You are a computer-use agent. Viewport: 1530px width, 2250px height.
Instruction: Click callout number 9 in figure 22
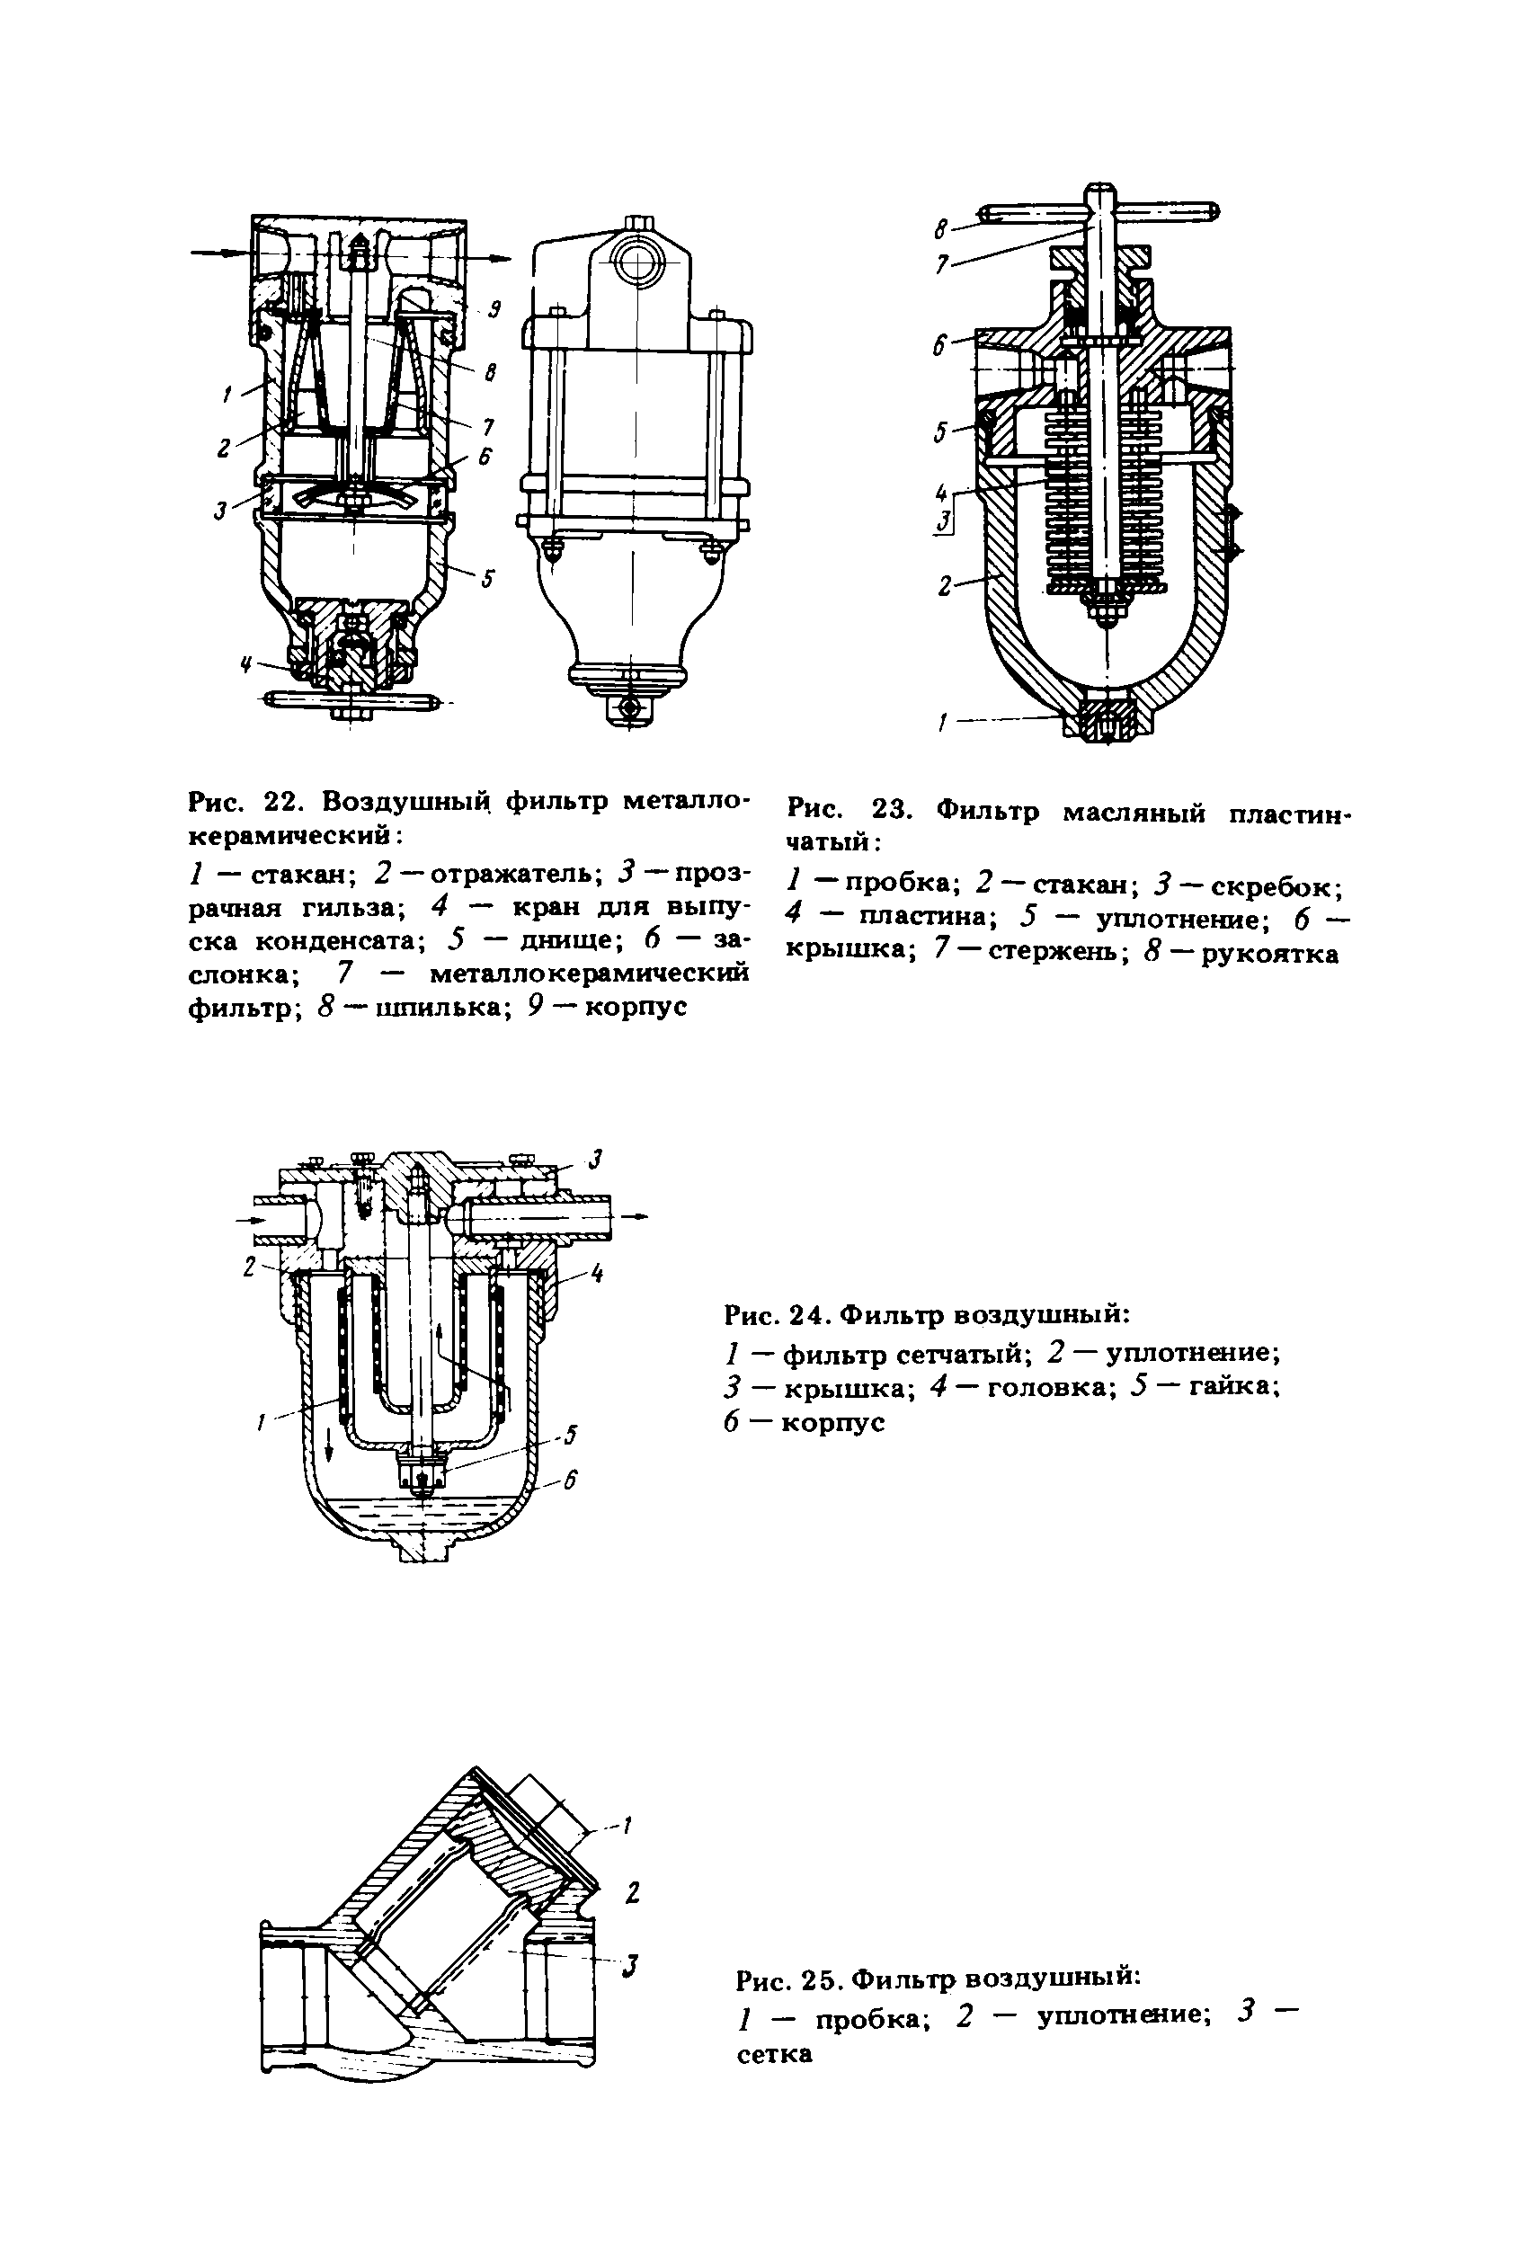pos(493,310)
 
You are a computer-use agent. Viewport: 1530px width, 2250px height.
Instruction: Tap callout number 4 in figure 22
pos(246,664)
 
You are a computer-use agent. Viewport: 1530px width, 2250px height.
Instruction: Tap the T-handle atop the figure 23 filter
pos(1099,212)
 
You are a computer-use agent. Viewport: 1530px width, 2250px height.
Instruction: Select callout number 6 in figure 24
pos(569,1480)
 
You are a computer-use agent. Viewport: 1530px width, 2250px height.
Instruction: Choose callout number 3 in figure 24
pos(598,1157)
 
